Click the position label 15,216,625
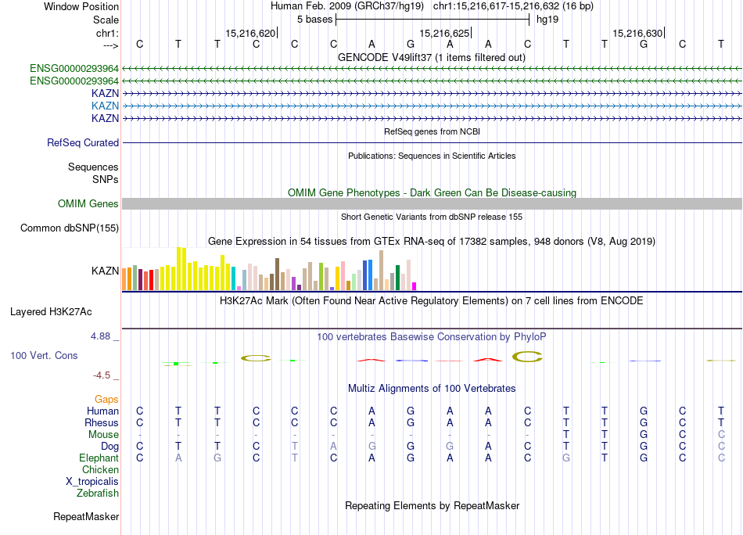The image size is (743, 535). (445, 33)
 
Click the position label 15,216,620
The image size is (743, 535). (250, 33)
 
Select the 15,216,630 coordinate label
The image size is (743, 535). (638, 33)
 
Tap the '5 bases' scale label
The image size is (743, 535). (315, 19)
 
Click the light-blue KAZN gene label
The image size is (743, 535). (105, 106)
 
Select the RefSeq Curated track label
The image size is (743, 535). (83, 143)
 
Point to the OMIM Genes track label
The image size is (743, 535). (88, 204)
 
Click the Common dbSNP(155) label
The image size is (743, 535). (70, 228)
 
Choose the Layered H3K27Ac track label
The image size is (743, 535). (51, 311)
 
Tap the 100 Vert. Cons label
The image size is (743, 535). (44, 356)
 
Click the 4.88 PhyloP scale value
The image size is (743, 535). (102, 336)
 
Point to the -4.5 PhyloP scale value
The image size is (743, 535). (103, 375)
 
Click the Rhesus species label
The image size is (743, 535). (102, 422)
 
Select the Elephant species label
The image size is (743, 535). (99, 458)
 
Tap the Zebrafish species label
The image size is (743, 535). (98, 493)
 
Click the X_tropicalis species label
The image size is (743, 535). (92, 481)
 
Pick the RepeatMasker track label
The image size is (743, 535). (86, 517)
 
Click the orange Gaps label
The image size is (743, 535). (106, 399)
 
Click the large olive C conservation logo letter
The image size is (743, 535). (527, 357)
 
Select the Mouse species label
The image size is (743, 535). (103, 434)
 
